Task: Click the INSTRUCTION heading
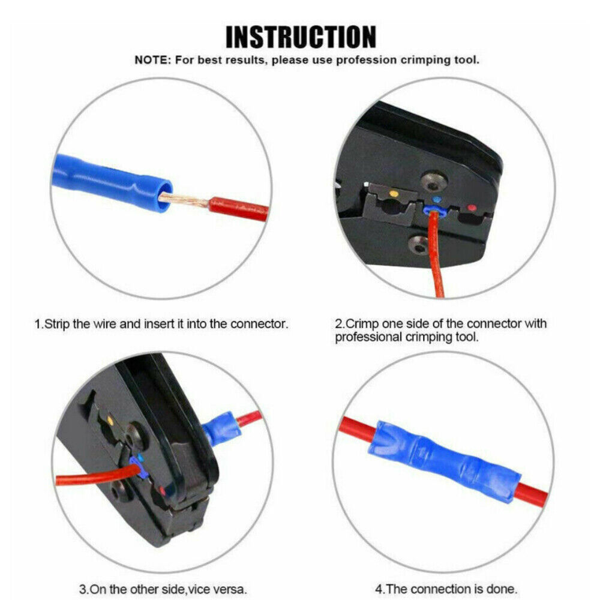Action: tap(301, 37)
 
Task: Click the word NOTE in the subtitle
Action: tap(151, 60)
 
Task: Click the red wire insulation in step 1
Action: tap(238, 209)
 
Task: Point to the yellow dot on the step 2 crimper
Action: tap(393, 194)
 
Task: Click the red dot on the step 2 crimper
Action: tap(472, 208)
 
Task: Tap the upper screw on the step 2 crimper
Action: tap(434, 182)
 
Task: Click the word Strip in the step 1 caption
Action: tap(57, 324)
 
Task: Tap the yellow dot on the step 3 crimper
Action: tap(110, 421)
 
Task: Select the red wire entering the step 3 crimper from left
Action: tap(95, 476)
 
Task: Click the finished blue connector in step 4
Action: tap(444, 461)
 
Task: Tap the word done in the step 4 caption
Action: tap(501, 589)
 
